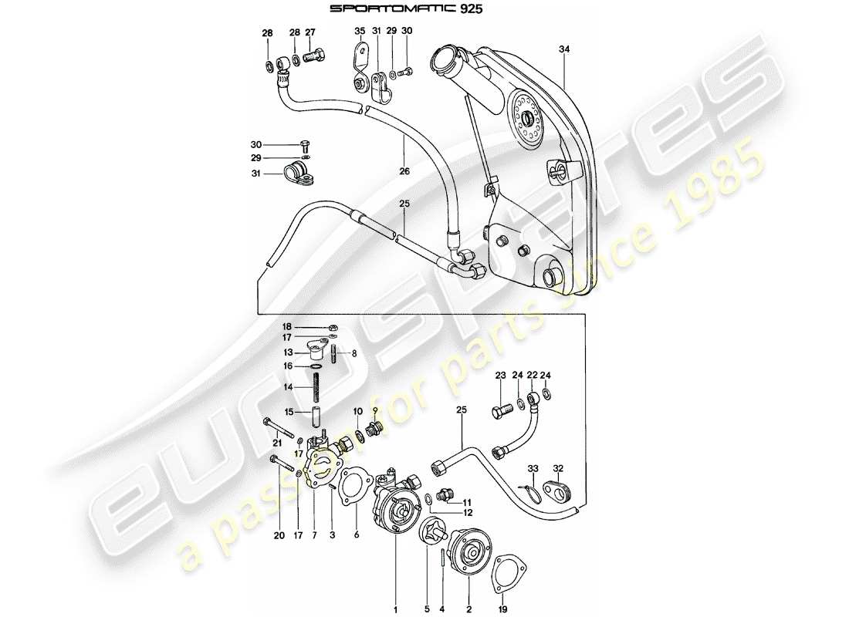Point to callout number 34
point(565,49)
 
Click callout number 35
point(359,32)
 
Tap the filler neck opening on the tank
point(446,57)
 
